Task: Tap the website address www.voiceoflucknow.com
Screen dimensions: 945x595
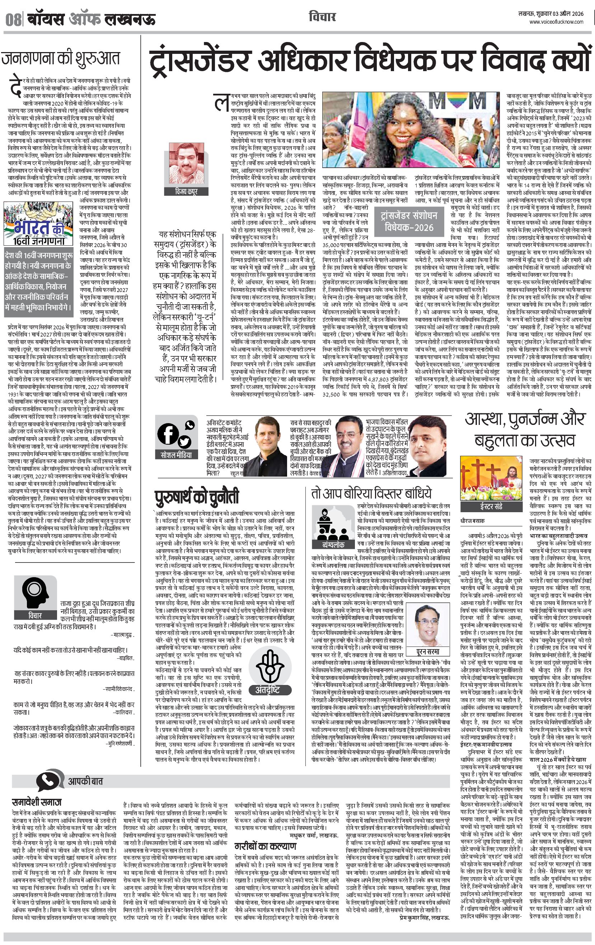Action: click(x=556, y=22)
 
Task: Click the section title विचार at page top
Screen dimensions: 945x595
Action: click(x=322, y=17)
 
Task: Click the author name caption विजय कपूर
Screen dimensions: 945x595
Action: click(x=186, y=191)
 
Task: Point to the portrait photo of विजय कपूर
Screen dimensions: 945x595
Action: click(x=186, y=165)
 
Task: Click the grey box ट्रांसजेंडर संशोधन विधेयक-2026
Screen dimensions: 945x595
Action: click(x=408, y=221)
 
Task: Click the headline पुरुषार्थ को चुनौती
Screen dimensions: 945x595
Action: click(x=197, y=496)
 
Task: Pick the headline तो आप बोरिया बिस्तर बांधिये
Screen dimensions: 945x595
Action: click(x=371, y=493)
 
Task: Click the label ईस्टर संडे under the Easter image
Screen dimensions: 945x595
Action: click(x=491, y=506)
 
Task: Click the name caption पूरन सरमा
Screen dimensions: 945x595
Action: click(x=427, y=652)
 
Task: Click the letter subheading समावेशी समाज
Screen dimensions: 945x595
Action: click(x=37, y=802)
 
